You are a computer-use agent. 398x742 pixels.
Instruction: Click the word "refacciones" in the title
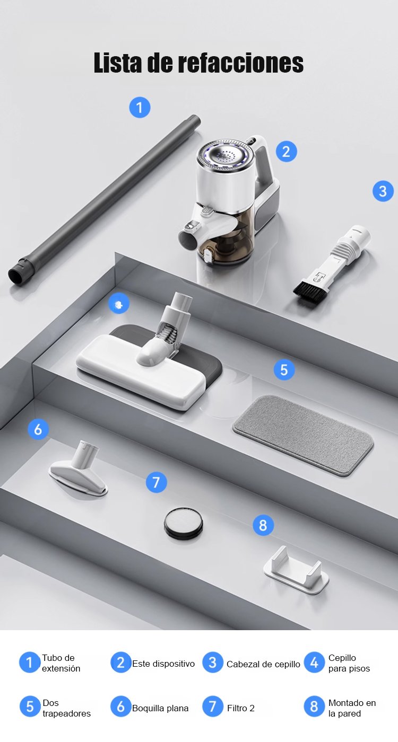click(x=241, y=63)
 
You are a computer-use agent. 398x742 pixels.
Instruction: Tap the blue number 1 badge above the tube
click(x=140, y=107)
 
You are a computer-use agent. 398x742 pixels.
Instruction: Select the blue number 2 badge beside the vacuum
click(x=286, y=152)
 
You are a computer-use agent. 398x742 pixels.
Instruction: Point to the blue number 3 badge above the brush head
click(x=383, y=191)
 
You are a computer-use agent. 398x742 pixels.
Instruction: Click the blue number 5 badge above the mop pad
click(x=284, y=370)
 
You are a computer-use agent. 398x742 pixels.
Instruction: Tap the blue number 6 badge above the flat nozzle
click(x=38, y=429)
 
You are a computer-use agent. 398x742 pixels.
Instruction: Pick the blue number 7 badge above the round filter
click(x=156, y=482)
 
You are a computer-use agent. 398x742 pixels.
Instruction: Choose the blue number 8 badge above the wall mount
click(x=263, y=525)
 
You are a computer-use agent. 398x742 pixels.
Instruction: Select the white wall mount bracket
click(x=296, y=570)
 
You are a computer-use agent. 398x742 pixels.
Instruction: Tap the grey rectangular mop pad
click(x=303, y=435)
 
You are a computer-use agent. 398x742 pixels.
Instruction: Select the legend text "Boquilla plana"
click(x=160, y=708)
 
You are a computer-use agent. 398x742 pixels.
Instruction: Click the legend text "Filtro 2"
click(x=241, y=708)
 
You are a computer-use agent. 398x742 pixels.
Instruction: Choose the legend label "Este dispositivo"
click(x=163, y=664)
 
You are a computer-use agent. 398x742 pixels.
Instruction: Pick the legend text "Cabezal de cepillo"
click(x=263, y=664)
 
